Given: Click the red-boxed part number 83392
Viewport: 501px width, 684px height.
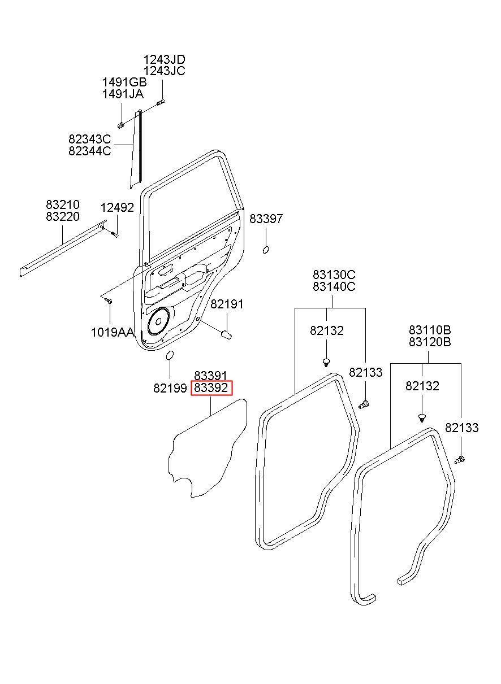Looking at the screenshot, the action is tap(211, 388).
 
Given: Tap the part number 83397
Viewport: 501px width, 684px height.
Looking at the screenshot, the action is tap(266, 219).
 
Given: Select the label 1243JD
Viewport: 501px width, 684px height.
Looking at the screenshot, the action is tap(165, 59).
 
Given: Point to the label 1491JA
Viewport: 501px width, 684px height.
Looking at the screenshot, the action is tap(123, 94).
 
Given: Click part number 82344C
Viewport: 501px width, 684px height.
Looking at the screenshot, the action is tap(89, 151).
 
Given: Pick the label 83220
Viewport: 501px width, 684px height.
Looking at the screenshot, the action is tap(63, 216).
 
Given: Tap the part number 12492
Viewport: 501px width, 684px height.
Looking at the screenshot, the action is tap(118, 208).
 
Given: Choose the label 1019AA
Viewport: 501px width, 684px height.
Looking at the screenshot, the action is tap(113, 332).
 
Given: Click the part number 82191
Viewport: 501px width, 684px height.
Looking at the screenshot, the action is tap(227, 304).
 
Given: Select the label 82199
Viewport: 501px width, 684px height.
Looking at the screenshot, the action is tap(170, 388).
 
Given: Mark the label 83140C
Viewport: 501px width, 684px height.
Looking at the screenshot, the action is tap(334, 287).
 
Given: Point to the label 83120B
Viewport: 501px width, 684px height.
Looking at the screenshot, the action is tap(430, 342).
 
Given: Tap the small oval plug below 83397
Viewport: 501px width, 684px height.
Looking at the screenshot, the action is tap(266, 250).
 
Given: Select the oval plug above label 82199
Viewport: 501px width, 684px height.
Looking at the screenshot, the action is tap(170, 355).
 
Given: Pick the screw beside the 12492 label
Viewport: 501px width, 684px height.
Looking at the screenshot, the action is tap(114, 234).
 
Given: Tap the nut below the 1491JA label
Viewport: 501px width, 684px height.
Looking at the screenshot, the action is tap(121, 125).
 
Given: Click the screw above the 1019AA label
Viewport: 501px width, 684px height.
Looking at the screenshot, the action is tap(110, 301).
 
